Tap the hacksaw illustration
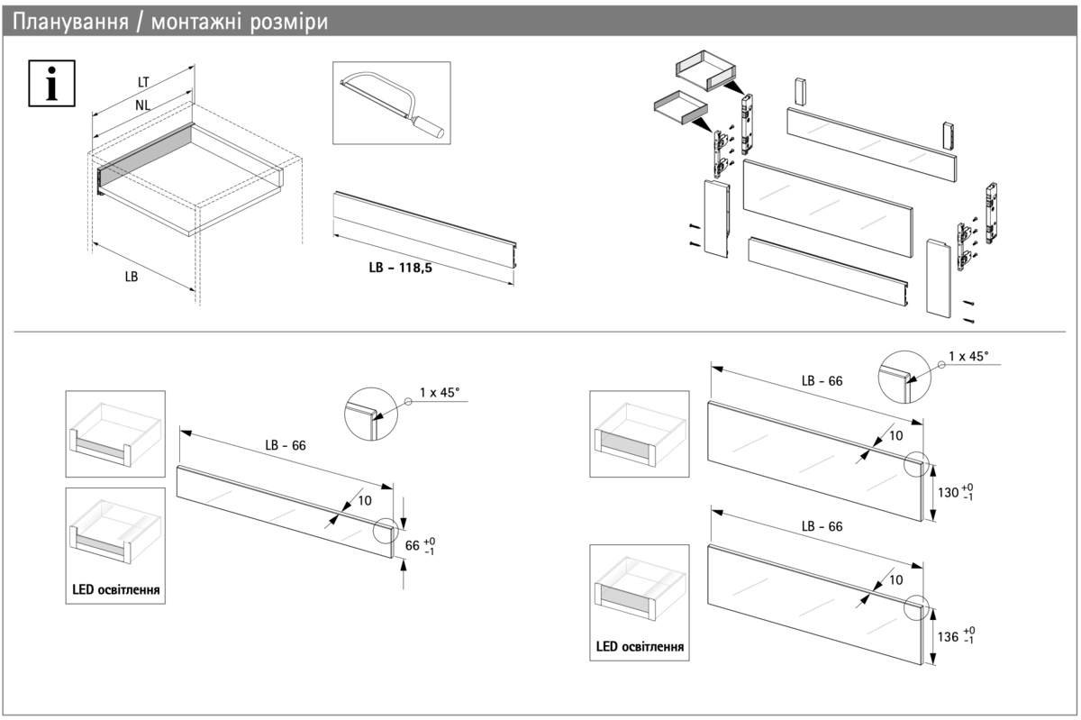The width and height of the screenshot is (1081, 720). [x=391, y=103]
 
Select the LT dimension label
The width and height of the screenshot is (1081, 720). [x=143, y=82]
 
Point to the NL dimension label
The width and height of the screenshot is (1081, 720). [x=142, y=105]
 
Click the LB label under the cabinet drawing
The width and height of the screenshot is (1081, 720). [x=132, y=278]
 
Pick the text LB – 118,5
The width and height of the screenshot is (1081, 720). [x=400, y=268]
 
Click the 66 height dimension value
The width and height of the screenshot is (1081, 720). [x=413, y=545]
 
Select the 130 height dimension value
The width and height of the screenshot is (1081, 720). [x=948, y=493]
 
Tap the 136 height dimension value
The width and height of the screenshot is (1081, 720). [x=948, y=636]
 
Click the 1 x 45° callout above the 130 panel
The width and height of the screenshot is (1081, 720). [x=968, y=356]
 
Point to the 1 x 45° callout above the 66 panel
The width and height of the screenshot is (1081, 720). [x=440, y=393]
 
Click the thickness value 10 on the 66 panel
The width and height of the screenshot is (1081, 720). [x=364, y=500]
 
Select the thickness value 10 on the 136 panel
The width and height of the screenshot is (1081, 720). [x=895, y=580]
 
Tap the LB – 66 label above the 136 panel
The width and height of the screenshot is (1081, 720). [x=822, y=526]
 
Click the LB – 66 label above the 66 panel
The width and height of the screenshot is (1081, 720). [x=285, y=445]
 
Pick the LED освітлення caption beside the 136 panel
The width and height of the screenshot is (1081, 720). [x=640, y=646]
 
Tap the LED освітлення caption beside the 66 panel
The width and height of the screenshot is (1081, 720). [x=116, y=590]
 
